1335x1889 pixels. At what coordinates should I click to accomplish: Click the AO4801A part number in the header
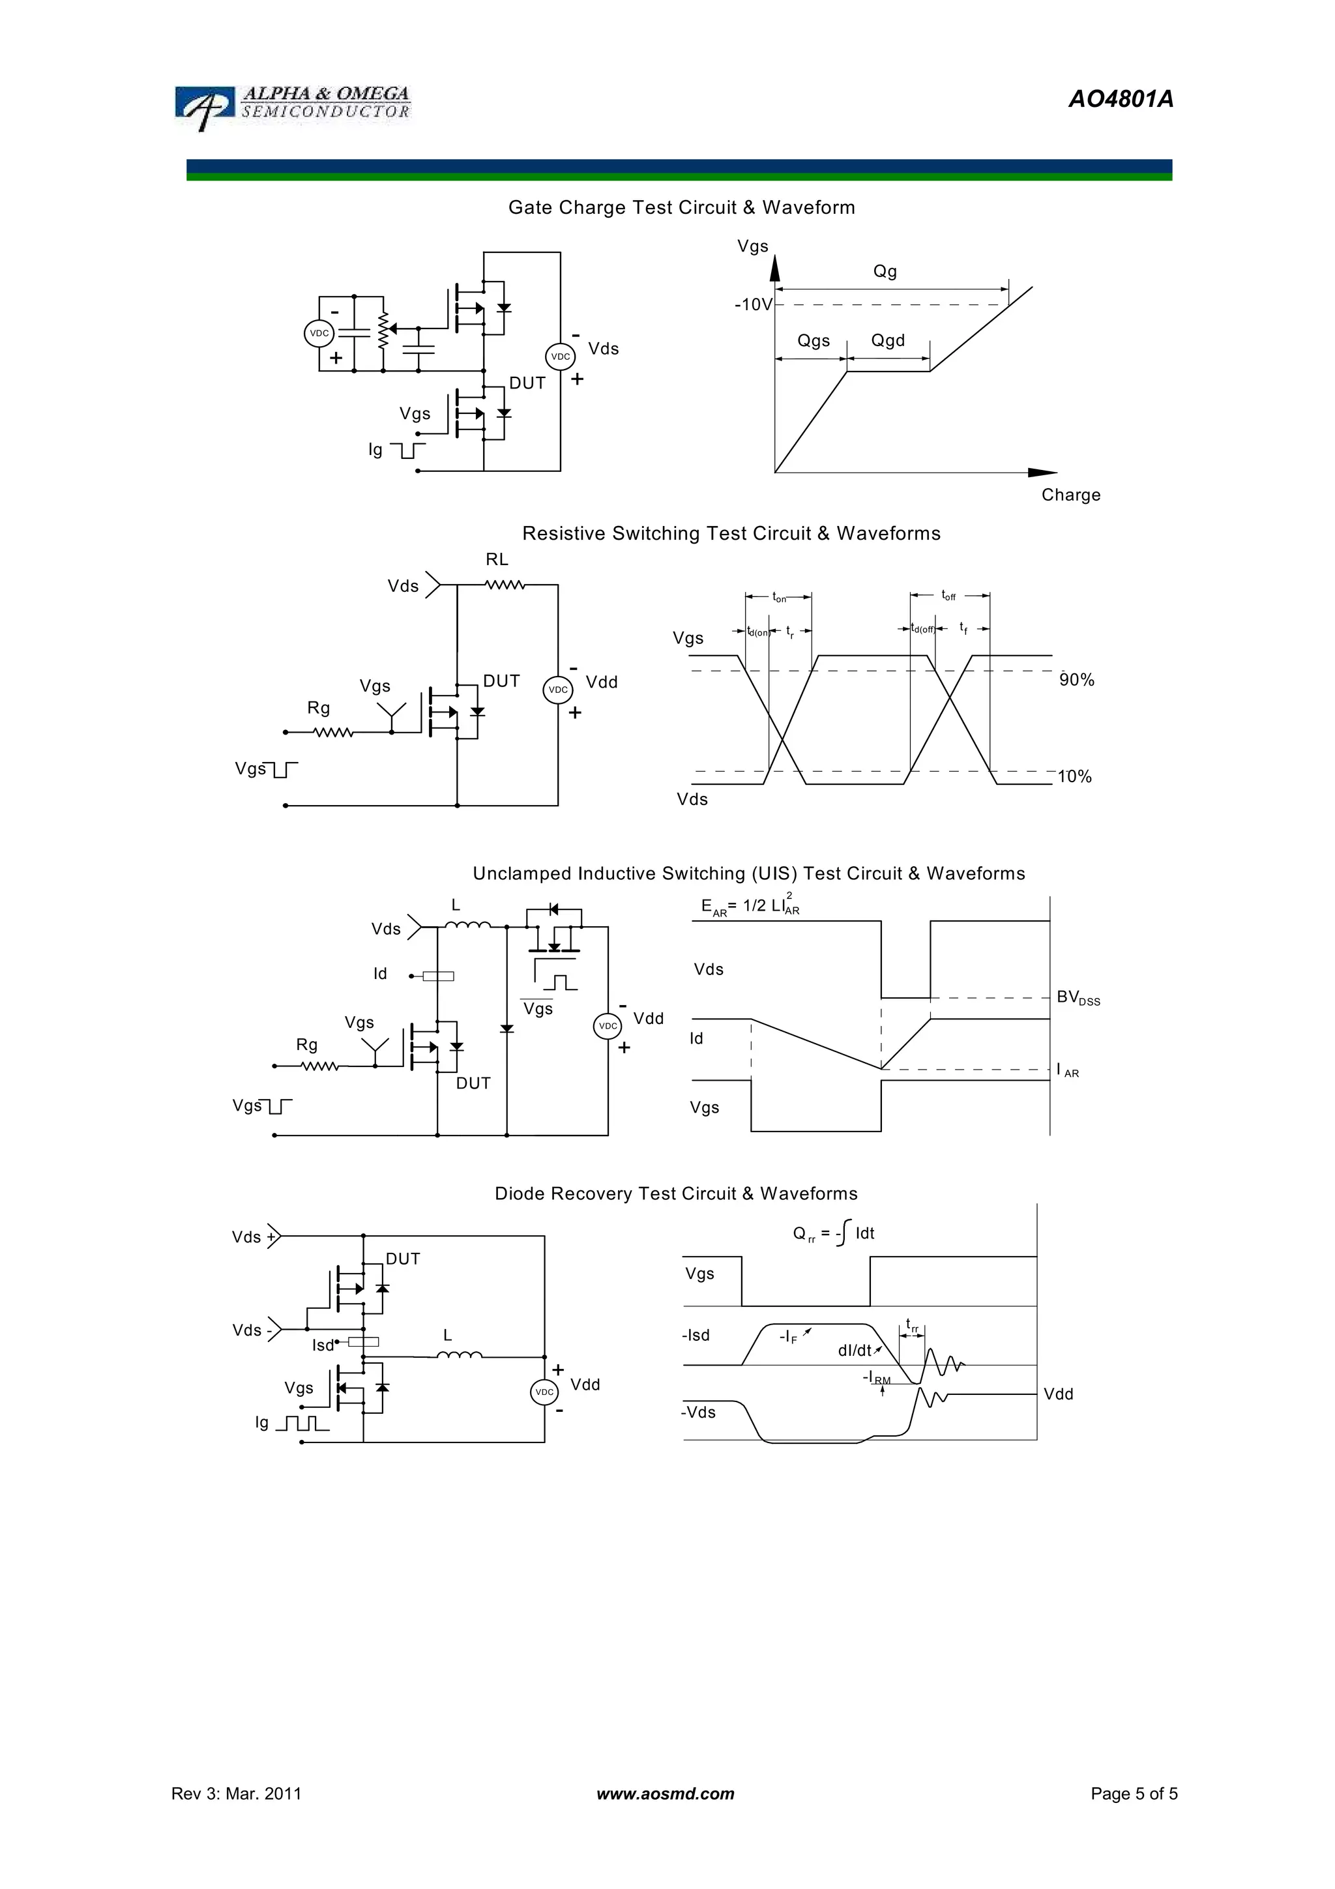tap(1121, 100)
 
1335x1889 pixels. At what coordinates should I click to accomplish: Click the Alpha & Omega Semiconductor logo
tap(293, 106)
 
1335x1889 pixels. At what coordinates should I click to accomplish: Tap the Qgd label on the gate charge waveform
tap(888, 341)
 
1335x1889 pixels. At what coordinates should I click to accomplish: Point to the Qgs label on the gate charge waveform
tap(814, 341)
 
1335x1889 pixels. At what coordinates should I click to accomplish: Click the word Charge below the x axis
tap(1070, 495)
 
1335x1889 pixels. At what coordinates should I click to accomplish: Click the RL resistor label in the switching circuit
tap(497, 559)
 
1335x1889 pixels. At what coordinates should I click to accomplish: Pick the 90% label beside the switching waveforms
tap(1077, 681)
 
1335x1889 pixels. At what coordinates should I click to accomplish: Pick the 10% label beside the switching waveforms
tap(1074, 777)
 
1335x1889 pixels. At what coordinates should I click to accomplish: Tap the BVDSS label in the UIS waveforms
tap(1078, 998)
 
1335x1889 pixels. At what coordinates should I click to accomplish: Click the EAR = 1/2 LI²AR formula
tap(750, 907)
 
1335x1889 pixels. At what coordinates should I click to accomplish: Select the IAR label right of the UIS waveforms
tap(1068, 1070)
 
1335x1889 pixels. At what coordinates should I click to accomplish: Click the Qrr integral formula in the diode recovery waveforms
tap(832, 1233)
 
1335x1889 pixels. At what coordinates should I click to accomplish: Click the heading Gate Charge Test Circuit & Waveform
tap(681, 207)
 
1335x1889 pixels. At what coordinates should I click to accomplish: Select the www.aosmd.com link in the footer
tap(666, 1794)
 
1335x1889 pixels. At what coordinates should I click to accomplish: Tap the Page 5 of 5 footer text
tap(1134, 1794)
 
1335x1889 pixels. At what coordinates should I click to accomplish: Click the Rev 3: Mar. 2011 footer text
tap(236, 1794)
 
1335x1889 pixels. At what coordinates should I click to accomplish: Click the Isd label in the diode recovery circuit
tap(323, 1345)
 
